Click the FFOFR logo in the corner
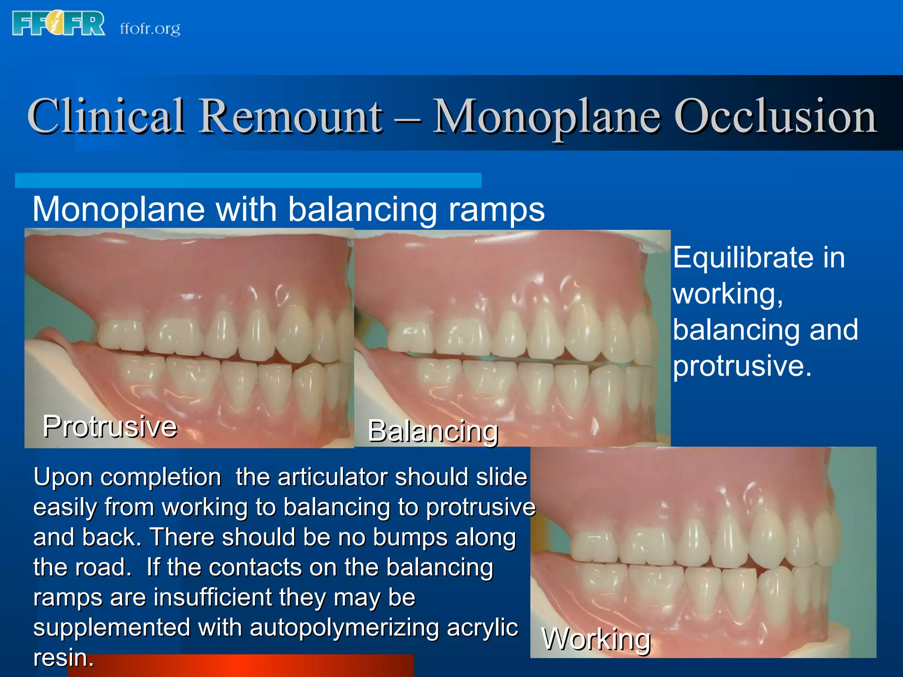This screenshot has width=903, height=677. point(59,24)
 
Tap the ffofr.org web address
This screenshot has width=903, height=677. point(150,29)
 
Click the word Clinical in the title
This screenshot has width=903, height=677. point(106,116)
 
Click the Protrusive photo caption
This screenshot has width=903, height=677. point(110,427)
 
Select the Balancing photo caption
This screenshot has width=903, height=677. point(433,431)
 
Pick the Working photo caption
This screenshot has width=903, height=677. point(596,639)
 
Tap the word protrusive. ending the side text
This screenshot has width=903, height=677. point(742,366)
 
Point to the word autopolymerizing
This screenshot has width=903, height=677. point(344,628)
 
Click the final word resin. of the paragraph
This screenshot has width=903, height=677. point(63,658)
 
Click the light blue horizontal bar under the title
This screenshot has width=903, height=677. point(248,181)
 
